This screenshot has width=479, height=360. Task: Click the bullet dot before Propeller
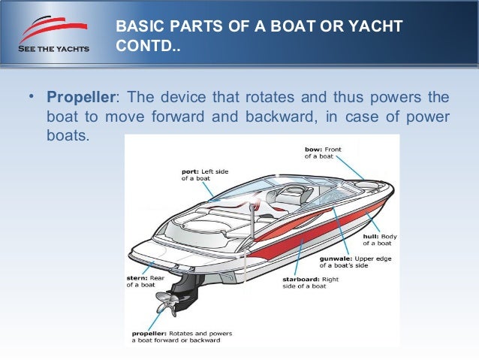(32, 98)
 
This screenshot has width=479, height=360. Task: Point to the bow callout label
(323, 153)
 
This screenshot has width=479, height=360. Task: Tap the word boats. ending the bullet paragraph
(66, 138)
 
